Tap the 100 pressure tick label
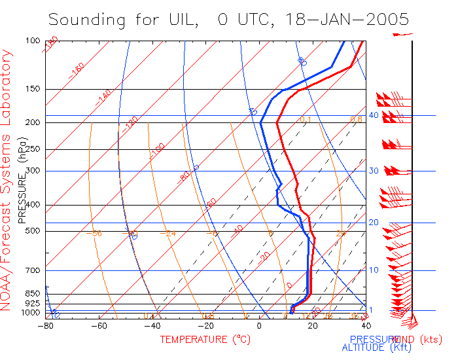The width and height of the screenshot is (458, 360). [x=33, y=41]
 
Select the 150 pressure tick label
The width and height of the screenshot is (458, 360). [x=33, y=89]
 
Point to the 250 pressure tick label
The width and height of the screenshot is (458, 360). [x=33, y=149]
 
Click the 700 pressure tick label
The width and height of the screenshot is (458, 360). [x=33, y=270]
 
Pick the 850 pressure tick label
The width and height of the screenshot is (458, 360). [x=33, y=293]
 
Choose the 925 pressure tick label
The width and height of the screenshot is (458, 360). [x=33, y=304]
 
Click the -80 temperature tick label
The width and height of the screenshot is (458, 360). [x=46, y=325]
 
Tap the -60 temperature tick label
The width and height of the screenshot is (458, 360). [x=99, y=325]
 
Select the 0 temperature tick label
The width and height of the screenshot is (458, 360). [x=259, y=325]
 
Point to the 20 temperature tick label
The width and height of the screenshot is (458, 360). [x=313, y=325]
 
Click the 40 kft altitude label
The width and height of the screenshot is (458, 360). [x=374, y=115]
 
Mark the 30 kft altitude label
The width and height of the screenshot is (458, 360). [x=374, y=171]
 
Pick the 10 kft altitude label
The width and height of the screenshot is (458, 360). [x=374, y=270]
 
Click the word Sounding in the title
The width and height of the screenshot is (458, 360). [x=84, y=20]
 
